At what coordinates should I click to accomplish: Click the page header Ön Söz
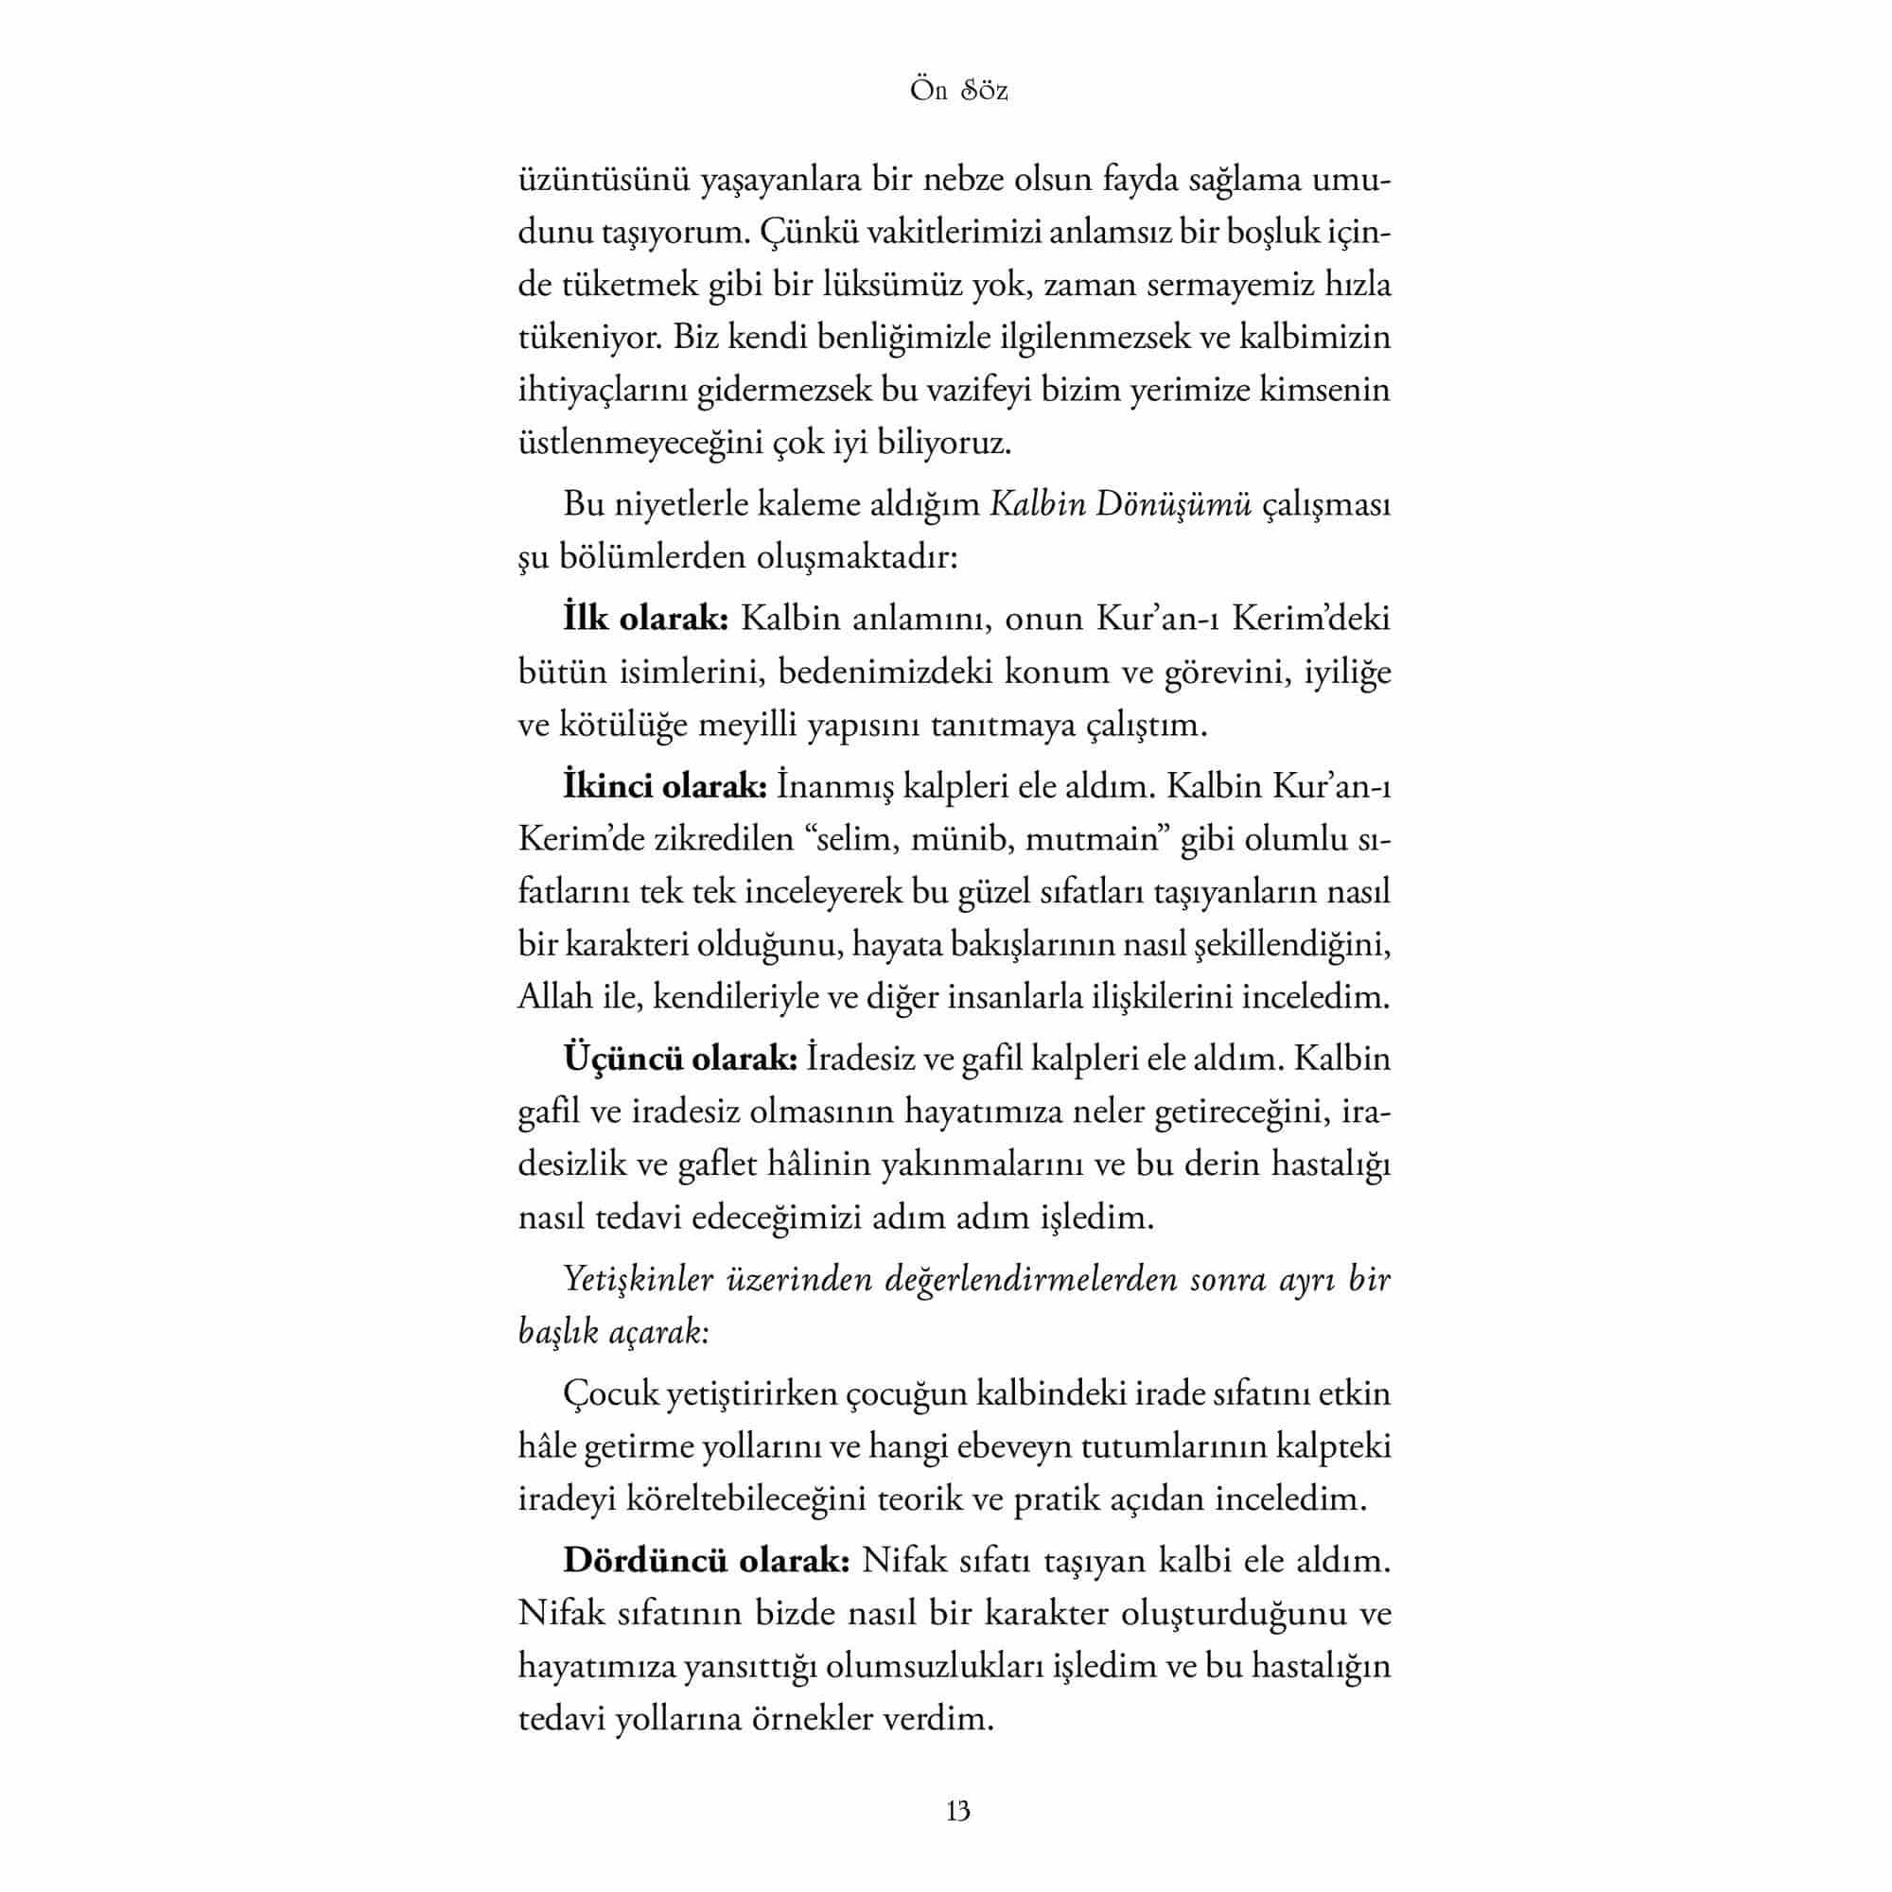click(x=958, y=91)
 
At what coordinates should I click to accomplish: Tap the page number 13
click(x=958, y=1811)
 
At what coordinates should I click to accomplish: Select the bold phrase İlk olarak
click(x=645, y=619)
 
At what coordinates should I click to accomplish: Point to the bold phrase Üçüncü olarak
click(x=680, y=1060)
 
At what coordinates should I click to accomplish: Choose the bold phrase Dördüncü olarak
click(x=706, y=1561)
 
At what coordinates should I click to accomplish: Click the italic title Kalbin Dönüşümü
click(x=1121, y=505)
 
